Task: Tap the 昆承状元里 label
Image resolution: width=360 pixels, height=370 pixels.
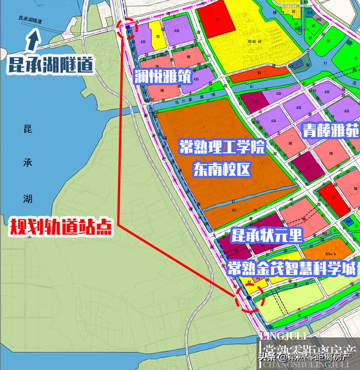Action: [269, 235]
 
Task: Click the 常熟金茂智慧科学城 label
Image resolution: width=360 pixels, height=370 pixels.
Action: [292, 269]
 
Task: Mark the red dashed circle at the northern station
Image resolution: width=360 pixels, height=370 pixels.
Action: [127, 29]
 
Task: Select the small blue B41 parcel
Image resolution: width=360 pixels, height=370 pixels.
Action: [349, 221]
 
